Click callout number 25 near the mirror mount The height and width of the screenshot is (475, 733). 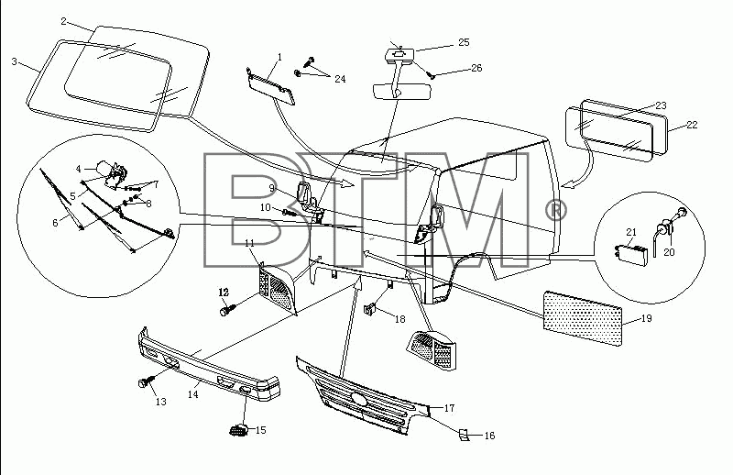coord(464,42)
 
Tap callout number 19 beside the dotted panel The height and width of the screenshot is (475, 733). coord(646,319)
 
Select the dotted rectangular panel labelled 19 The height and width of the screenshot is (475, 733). coord(583,318)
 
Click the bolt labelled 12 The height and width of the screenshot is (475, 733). coord(227,309)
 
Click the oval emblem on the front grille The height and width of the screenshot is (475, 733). coord(360,398)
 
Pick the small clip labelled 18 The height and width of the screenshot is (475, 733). coord(370,309)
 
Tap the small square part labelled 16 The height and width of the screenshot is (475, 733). coord(463,435)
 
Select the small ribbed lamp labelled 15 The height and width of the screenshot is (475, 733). coord(239,429)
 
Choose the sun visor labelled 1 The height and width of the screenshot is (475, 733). coord(270,85)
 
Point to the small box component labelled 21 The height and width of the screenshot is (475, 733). coord(630,250)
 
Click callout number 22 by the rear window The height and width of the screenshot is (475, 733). coord(692,125)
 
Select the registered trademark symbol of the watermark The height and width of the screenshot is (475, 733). coord(556,211)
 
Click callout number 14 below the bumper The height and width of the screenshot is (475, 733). coord(193,394)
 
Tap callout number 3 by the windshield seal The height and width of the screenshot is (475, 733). coord(14,61)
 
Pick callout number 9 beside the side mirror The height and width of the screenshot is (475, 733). coord(271,189)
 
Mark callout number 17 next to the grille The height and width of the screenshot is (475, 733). coord(449,408)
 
